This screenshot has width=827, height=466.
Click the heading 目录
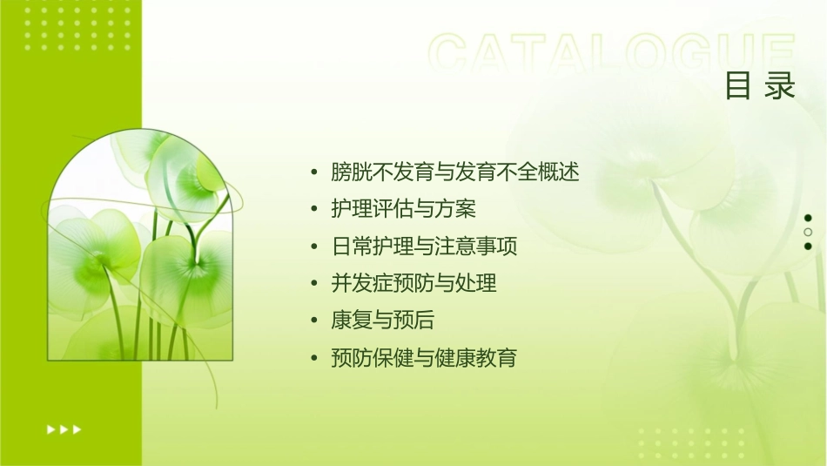(x=760, y=86)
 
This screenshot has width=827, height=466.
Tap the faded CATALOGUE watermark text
(x=612, y=54)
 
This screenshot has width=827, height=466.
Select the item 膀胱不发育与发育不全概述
(x=454, y=172)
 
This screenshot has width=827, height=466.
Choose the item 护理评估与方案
(x=404, y=210)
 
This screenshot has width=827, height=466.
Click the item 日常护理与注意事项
(x=424, y=247)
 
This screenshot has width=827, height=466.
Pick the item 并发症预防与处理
(x=413, y=284)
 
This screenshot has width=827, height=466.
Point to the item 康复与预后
(x=383, y=321)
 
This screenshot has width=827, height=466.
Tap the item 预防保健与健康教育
(x=424, y=358)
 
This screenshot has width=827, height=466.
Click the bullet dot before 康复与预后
(x=314, y=321)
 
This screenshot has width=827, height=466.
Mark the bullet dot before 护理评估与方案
(x=314, y=210)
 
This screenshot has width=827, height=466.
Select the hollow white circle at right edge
(x=808, y=233)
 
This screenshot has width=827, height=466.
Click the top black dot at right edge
(x=808, y=218)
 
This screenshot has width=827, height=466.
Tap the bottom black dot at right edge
(x=808, y=247)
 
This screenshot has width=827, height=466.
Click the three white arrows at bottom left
(x=64, y=429)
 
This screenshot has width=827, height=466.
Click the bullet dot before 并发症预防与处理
(x=314, y=284)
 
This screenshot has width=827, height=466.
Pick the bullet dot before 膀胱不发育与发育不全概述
(x=314, y=172)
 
